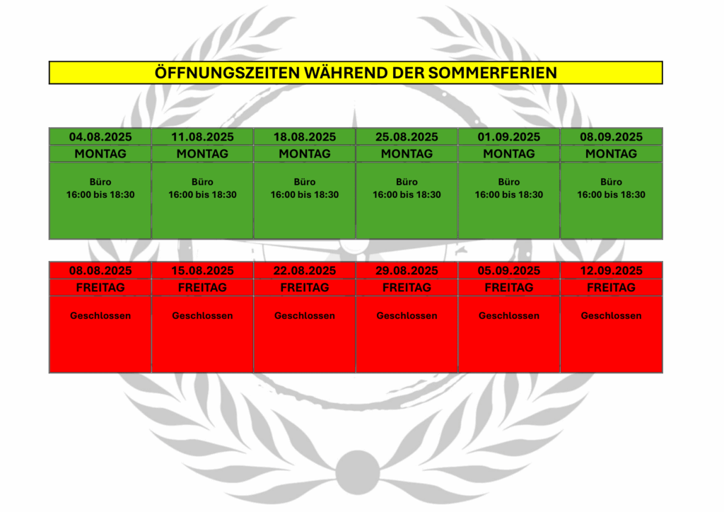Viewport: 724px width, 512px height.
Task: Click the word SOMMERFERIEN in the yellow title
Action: (492, 73)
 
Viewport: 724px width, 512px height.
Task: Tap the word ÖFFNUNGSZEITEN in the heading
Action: (227, 72)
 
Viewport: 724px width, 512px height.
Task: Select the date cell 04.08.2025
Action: (100, 137)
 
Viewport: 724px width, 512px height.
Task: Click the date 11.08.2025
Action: (202, 137)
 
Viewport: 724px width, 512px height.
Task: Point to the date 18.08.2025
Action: (305, 137)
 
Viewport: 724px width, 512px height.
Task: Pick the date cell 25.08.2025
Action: (407, 137)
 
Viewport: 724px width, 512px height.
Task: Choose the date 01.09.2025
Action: (509, 137)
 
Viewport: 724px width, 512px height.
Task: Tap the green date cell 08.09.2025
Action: (612, 137)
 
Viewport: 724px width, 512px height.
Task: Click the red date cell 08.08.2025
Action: (100, 271)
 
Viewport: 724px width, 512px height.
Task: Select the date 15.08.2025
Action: (202, 271)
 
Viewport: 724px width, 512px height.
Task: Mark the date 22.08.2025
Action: (305, 271)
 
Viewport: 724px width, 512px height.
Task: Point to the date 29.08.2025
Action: (407, 271)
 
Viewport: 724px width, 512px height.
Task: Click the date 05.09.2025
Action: (509, 271)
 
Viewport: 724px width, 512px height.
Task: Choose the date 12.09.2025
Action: (612, 271)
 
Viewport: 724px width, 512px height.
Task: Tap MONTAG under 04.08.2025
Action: (100, 153)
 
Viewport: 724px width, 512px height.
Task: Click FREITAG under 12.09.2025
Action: (612, 288)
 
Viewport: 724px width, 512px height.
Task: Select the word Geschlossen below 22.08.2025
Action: (305, 316)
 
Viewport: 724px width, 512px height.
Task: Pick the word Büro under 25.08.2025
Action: (407, 182)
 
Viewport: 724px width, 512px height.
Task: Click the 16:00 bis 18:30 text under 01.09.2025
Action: (509, 194)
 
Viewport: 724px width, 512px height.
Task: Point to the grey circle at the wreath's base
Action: (357, 472)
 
